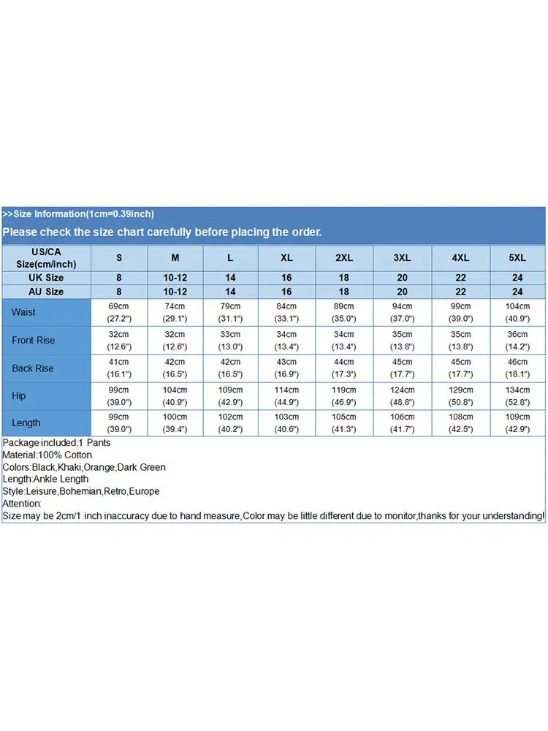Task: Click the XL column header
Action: pos(286,257)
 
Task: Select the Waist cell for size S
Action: pos(119,312)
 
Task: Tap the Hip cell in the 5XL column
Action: pos(517,395)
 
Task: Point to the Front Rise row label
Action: pos(33,340)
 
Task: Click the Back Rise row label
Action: pos(33,368)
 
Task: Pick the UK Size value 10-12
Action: pos(175,278)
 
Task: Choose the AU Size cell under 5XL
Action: pos(517,292)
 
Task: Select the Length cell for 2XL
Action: pos(344,423)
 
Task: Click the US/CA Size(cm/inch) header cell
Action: pos(45,257)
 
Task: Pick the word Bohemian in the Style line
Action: pos(81,491)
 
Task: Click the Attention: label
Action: pos(22,504)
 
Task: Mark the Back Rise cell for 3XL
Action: pos(402,368)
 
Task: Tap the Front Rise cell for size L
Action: pos(231,340)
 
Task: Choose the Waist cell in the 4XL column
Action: pos(461,312)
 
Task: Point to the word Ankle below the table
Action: pos(47,480)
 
